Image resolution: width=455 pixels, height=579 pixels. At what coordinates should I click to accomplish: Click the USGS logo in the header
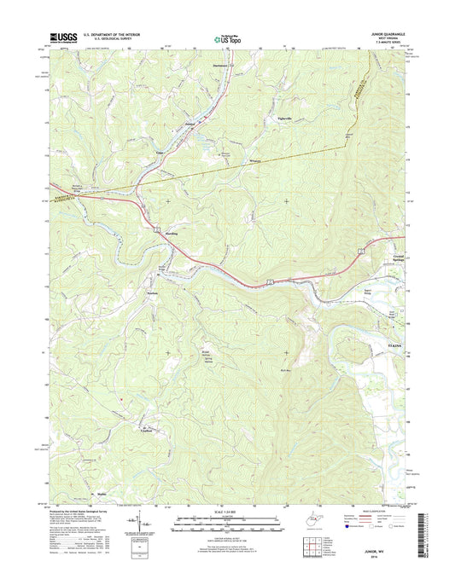click(x=64, y=37)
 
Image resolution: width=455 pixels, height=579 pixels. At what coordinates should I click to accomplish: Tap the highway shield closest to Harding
click(x=157, y=229)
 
